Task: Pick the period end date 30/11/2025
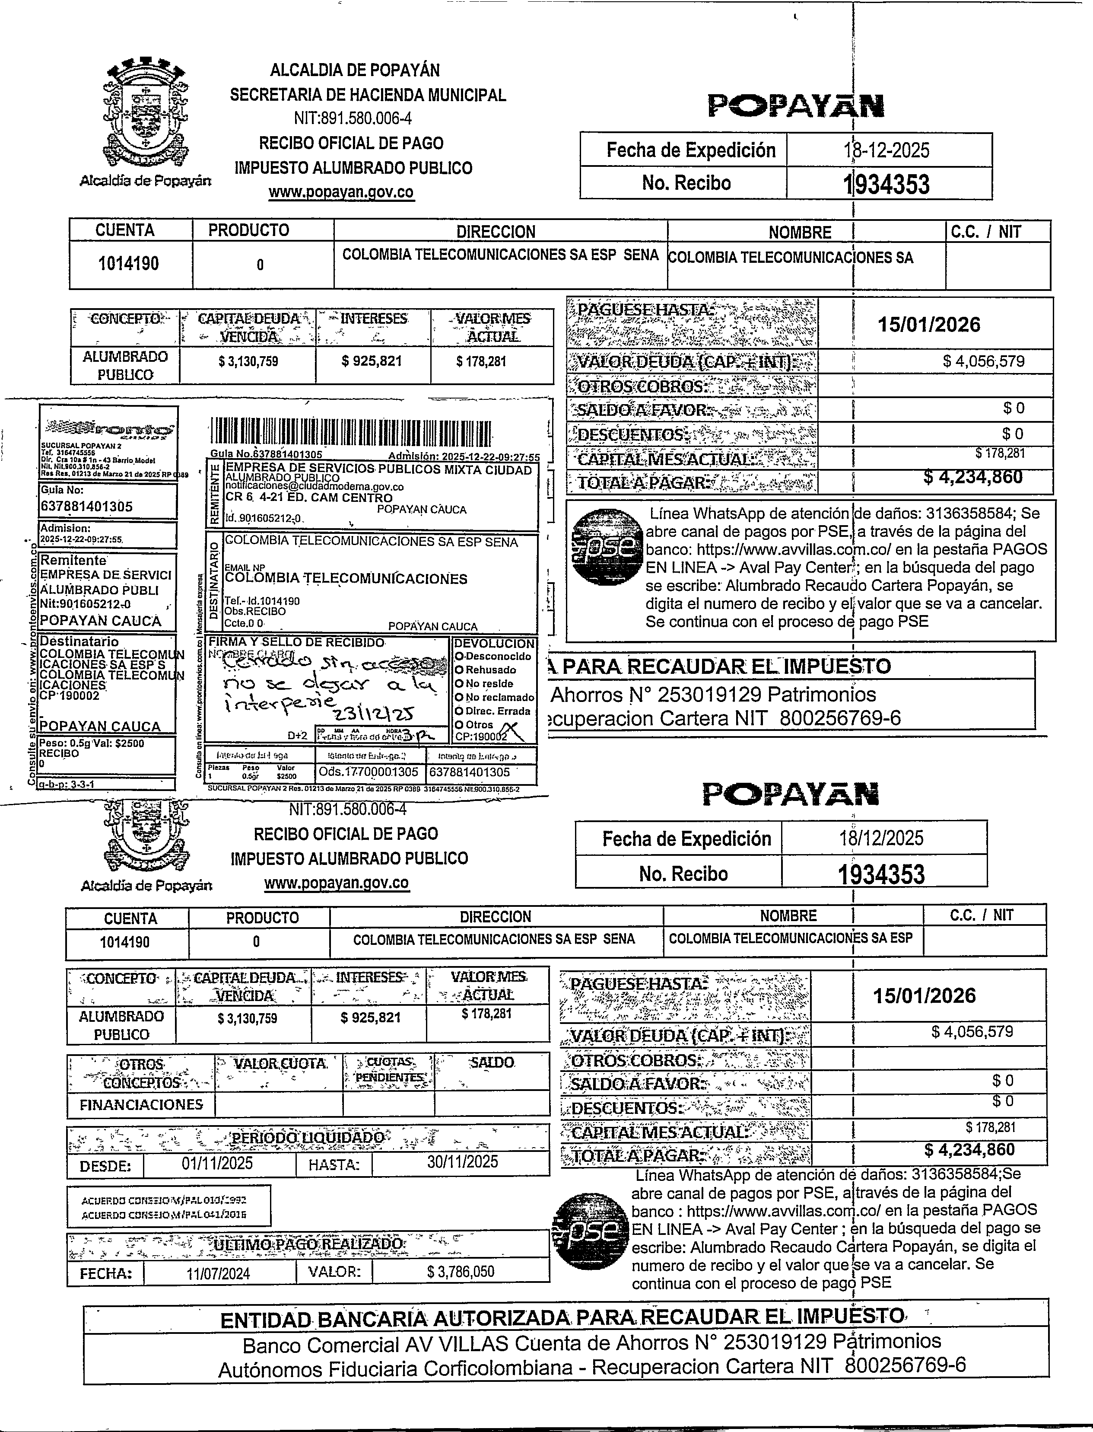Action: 462,1162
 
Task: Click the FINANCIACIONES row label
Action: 140,1105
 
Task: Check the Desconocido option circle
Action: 459,656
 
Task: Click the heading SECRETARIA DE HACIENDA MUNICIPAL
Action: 368,95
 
